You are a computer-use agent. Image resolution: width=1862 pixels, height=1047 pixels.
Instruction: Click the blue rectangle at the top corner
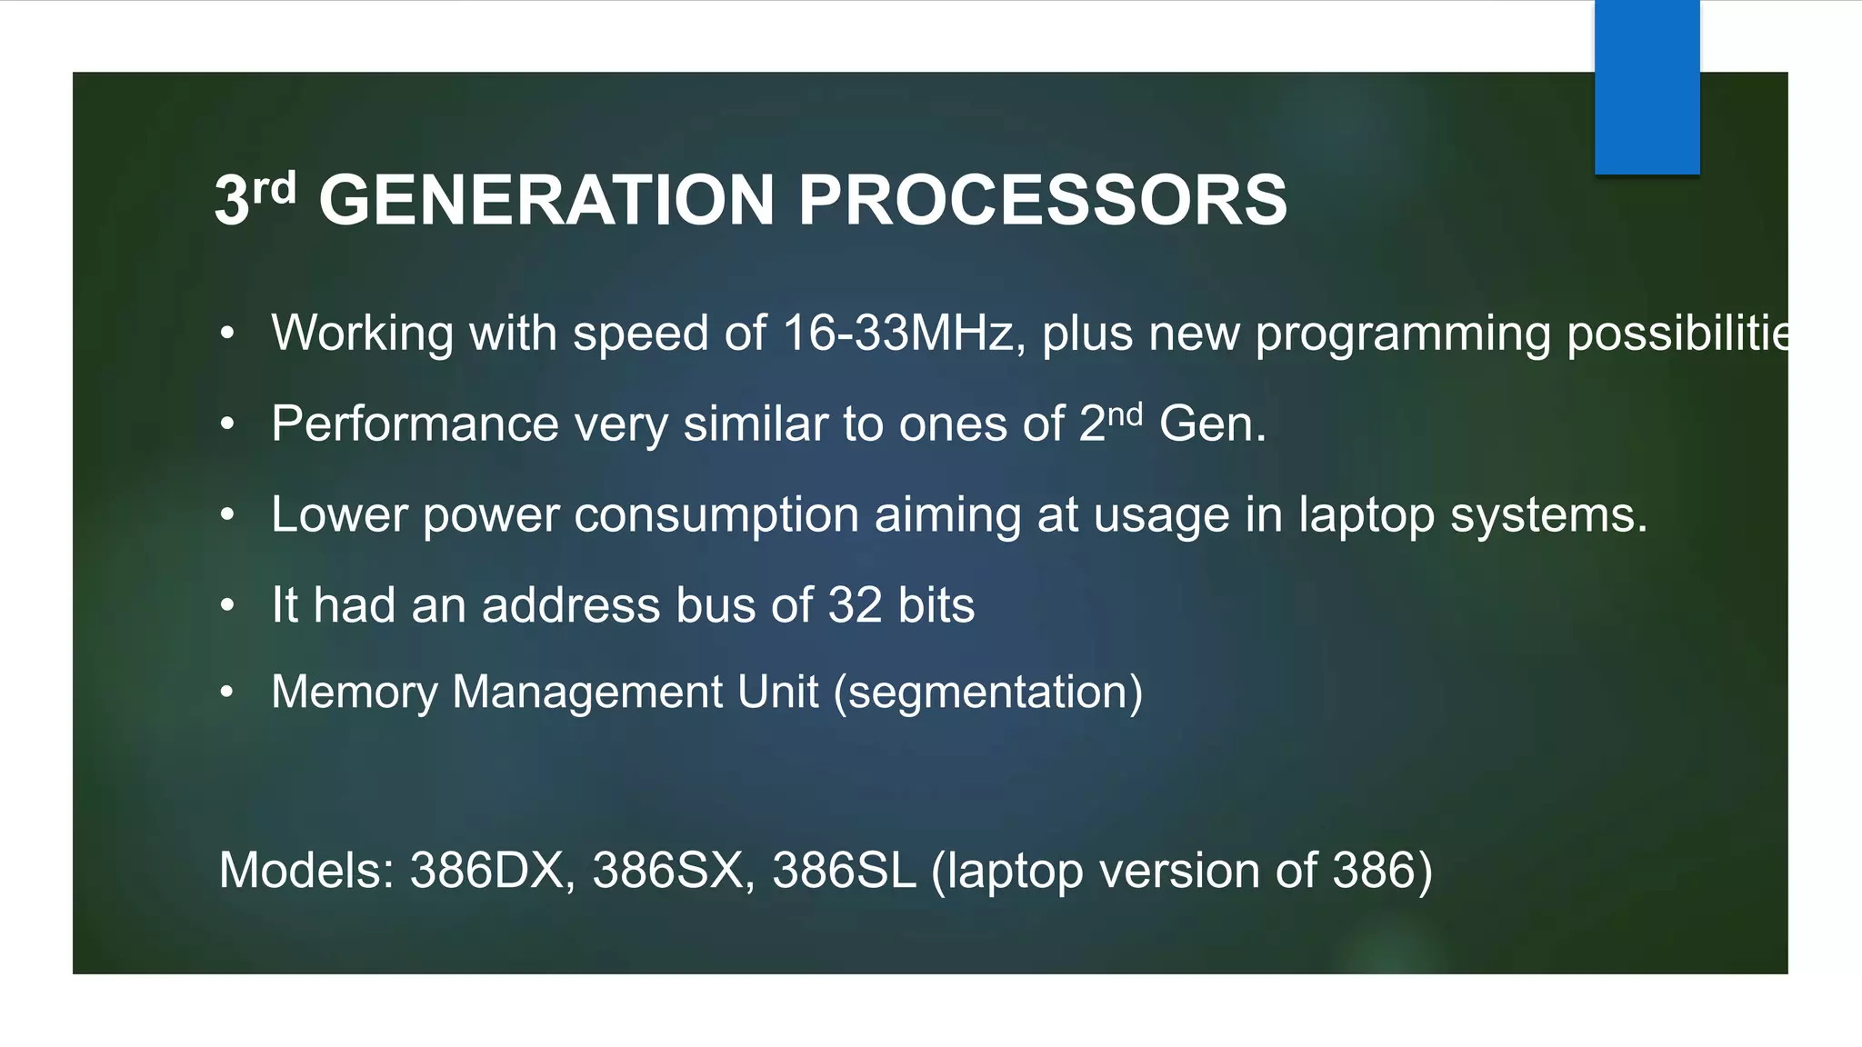[x=1647, y=86]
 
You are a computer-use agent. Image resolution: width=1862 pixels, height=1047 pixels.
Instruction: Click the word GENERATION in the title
[x=546, y=200]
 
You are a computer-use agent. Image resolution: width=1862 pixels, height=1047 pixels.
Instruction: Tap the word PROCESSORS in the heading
[x=1042, y=200]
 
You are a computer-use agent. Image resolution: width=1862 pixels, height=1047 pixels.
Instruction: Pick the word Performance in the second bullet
[x=415, y=424]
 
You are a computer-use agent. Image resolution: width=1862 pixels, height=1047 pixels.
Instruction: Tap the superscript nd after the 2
[x=1125, y=414]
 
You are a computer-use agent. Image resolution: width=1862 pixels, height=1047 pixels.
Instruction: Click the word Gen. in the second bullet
[x=1213, y=424]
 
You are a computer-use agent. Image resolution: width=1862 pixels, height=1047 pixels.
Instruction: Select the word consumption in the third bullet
[x=716, y=515]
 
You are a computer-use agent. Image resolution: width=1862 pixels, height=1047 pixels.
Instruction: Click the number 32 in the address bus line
[x=855, y=605]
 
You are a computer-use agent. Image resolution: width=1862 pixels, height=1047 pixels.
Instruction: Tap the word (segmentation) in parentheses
[x=988, y=693]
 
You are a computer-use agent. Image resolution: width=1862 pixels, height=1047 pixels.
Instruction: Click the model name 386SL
[x=844, y=870]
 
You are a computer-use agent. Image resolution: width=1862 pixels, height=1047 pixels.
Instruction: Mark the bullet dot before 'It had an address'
[x=227, y=605]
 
